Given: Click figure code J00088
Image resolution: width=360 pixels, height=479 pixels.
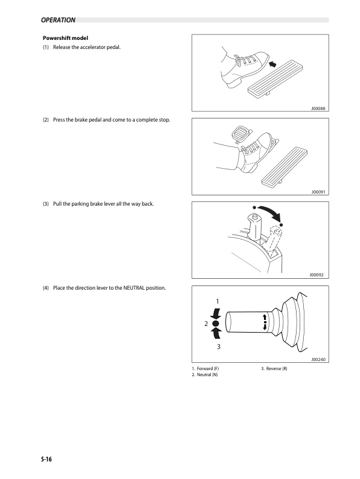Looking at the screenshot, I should pyautogui.click(x=318, y=109).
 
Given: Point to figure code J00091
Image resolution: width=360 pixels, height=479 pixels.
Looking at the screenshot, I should pyautogui.click(x=318, y=192).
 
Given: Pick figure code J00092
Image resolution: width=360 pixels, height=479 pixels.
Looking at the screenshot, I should pyautogui.click(x=318, y=275).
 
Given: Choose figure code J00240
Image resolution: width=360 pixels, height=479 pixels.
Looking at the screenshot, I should pyautogui.click(x=318, y=359).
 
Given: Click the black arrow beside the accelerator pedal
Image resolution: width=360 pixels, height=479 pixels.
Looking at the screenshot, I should pyautogui.click(x=273, y=62).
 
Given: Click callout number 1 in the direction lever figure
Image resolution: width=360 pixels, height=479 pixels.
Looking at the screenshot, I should pyautogui.click(x=217, y=301).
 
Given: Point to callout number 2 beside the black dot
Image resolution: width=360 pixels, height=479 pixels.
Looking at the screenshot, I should pyautogui.click(x=206, y=324).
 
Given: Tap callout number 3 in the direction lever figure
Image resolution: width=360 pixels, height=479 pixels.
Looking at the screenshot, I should pyautogui.click(x=218, y=347).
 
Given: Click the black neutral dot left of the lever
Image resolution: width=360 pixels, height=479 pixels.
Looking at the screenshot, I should pyautogui.click(x=216, y=324).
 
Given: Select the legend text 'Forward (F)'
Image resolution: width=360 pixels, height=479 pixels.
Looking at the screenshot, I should pyautogui.click(x=208, y=368).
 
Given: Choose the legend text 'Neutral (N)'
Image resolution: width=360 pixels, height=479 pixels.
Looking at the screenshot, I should pyautogui.click(x=207, y=376).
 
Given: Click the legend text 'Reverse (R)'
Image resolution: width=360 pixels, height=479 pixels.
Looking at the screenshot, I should pyautogui.click(x=277, y=368).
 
